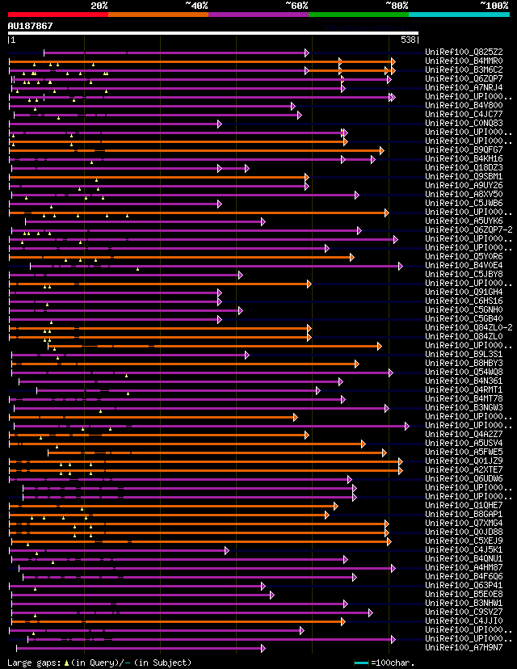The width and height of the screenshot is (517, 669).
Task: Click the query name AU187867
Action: pos(31,26)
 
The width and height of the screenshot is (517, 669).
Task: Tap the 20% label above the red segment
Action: pos(99,6)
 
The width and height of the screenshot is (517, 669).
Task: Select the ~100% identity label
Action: pos(494,6)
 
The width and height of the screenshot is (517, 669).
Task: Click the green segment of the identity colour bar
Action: pos(358,14)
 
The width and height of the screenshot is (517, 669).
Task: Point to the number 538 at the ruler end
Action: pos(408,40)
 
